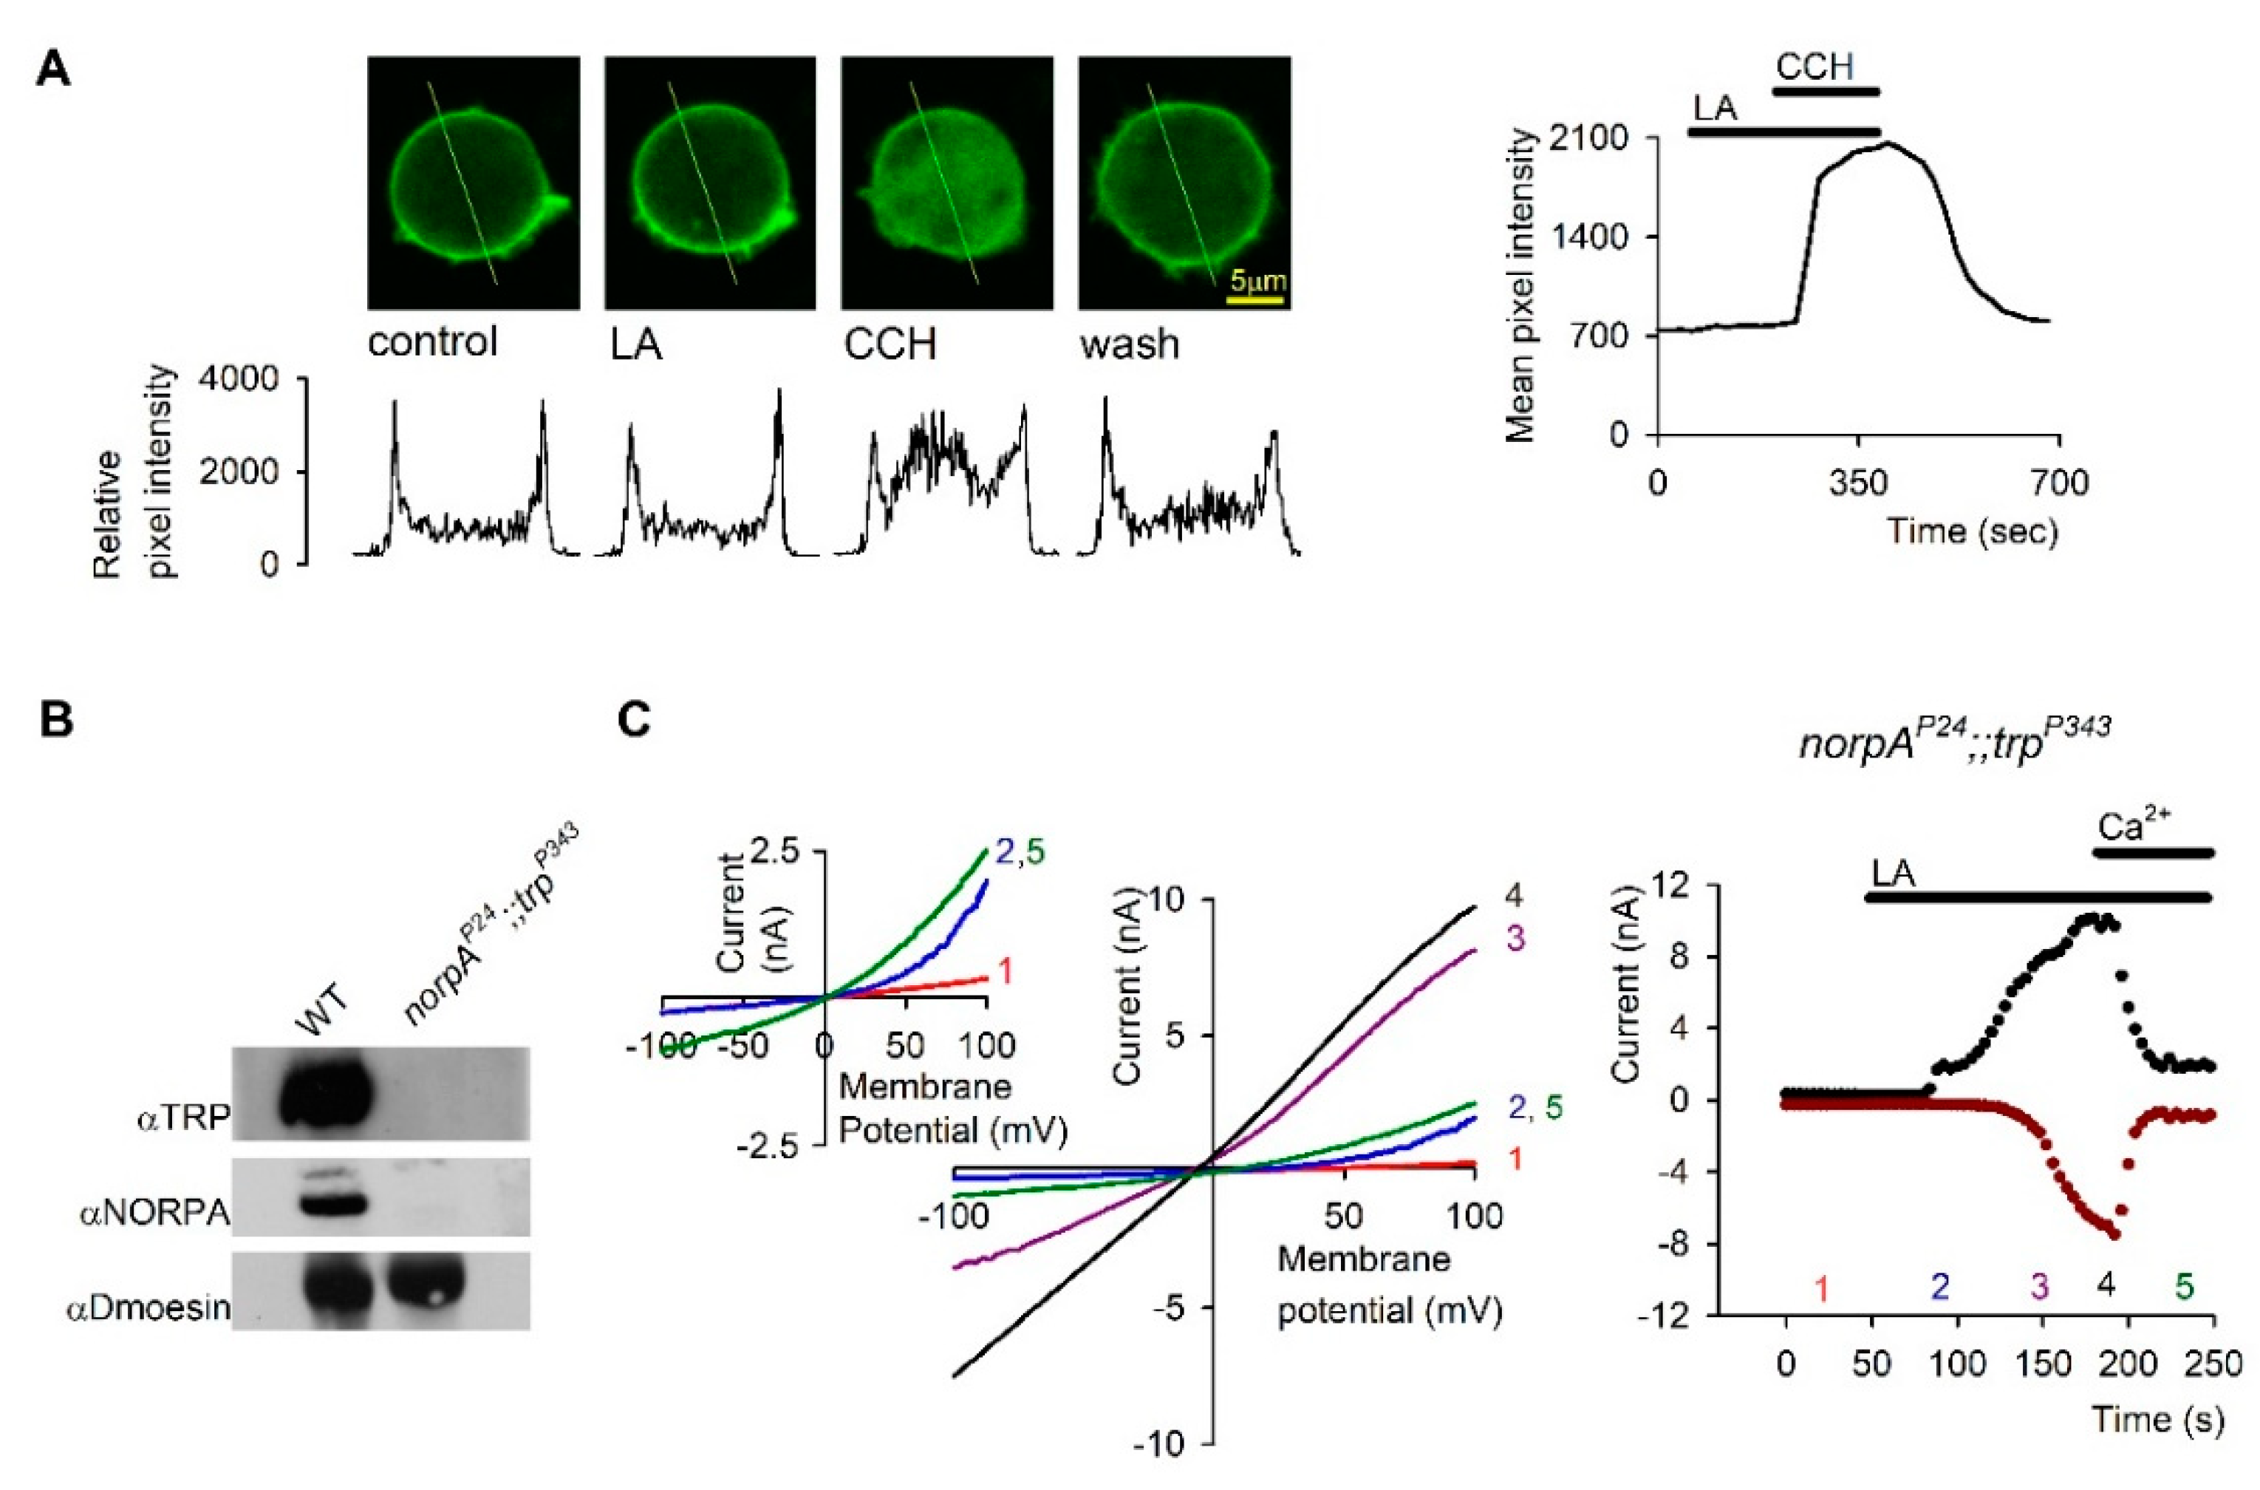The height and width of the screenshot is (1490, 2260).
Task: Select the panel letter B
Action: coord(56,718)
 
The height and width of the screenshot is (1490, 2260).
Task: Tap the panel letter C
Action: coord(634,718)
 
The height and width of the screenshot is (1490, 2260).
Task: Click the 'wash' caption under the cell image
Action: coord(1129,343)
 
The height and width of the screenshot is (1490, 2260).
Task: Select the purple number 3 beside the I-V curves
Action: coord(1515,938)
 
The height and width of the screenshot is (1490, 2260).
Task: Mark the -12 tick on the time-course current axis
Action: coord(1675,1315)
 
